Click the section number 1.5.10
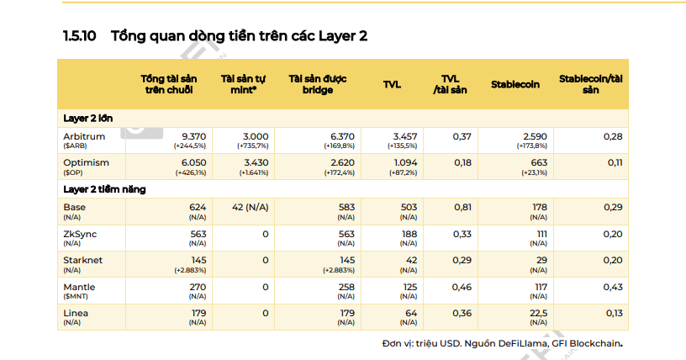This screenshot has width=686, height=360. coord(79,36)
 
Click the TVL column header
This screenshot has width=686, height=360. coord(392,84)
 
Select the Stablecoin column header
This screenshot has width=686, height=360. coord(515,84)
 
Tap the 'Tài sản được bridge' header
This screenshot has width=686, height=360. coord(318,84)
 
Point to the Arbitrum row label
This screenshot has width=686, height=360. coord(84,136)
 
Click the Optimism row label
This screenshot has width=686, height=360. coord(86,162)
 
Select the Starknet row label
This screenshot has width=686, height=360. coord(82,260)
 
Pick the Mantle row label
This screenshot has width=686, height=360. coord(79,287)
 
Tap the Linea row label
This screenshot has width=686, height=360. coord(76,313)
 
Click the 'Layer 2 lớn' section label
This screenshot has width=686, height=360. coord(88,119)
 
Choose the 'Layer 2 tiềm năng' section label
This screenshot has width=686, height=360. coord(104,189)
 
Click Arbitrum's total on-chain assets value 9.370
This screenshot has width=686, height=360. coord(194,136)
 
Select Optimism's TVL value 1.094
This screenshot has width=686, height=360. coord(405,162)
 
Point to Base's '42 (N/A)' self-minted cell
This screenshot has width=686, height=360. coord(251,207)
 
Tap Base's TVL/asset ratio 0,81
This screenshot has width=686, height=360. coord(462,207)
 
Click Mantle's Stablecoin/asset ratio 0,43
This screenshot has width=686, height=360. coord(613,287)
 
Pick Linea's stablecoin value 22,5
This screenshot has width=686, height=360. coord(539,313)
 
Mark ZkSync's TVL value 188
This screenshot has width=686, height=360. coord(409,234)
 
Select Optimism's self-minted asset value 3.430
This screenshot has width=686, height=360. coord(256,162)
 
